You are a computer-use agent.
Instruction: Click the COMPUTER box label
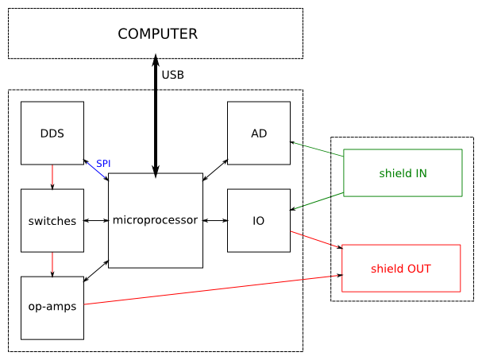(157, 34)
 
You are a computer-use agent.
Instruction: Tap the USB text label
(172, 75)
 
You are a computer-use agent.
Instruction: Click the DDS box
(52, 133)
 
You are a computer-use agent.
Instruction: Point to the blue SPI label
(103, 164)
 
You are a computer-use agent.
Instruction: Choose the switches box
(52, 220)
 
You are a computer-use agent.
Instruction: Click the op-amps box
(52, 308)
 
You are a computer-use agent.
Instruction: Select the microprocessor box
(156, 220)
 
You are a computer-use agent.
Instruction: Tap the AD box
(259, 133)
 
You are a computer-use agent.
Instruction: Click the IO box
(259, 220)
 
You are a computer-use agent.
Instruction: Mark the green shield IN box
(403, 173)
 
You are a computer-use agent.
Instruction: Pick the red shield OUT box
(401, 269)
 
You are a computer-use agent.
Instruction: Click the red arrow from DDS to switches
(52, 176)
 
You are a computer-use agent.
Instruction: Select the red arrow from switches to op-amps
(52, 264)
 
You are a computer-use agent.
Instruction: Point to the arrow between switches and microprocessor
(96, 220)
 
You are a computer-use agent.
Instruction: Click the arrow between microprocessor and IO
(215, 220)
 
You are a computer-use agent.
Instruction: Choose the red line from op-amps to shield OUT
(213, 290)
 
